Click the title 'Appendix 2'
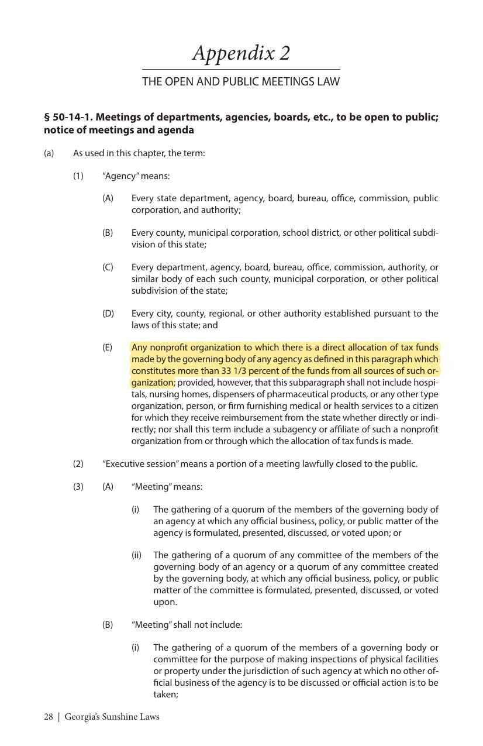pos(241,53)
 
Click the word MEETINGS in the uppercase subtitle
pos(270,81)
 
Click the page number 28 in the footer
pos(49,716)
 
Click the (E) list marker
pos(107,348)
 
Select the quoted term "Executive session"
pos(140,464)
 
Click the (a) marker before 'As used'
pos(49,153)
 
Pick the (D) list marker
pos(108,314)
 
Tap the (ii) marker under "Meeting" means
pos(136,555)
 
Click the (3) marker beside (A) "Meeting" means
pos(78,487)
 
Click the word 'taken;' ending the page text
pos(165,695)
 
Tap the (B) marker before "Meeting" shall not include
pos(108,625)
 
